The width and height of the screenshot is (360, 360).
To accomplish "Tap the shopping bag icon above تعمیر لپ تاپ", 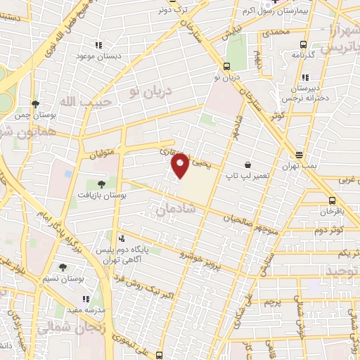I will pyautogui.click(x=247, y=165).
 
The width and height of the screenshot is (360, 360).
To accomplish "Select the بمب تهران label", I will pyautogui.click(x=300, y=164).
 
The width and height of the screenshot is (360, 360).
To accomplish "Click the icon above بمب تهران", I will pyautogui.click(x=300, y=154).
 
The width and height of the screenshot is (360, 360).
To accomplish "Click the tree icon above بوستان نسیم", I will pyautogui.click(x=63, y=268).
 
